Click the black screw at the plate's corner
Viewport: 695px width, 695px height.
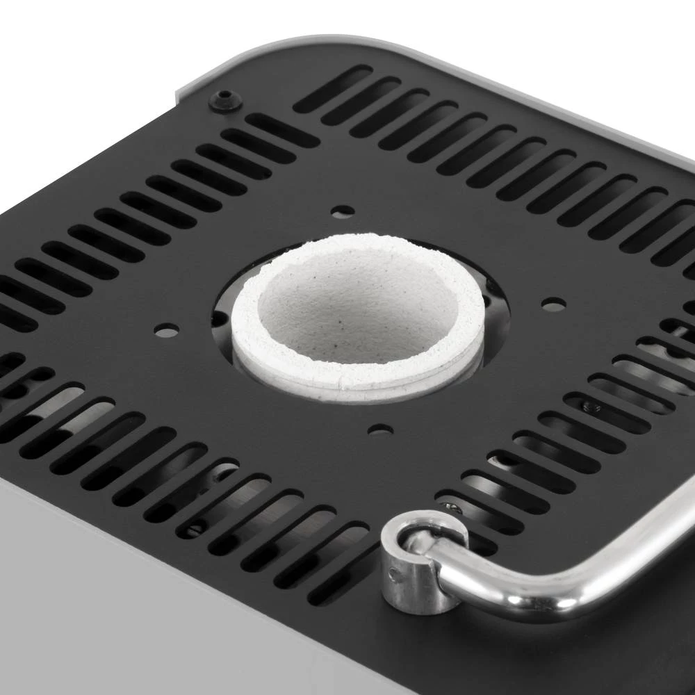pyautogui.click(x=224, y=100)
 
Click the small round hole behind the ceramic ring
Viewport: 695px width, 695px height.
pyautogui.click(x=342, y=211)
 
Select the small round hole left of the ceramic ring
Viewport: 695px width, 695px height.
pyautogui.click(x=166, y=332)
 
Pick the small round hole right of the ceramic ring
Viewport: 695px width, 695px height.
pyautogui.click(x=553, y=304)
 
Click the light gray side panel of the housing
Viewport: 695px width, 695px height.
pyautogui.click(x=139, y=612)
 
